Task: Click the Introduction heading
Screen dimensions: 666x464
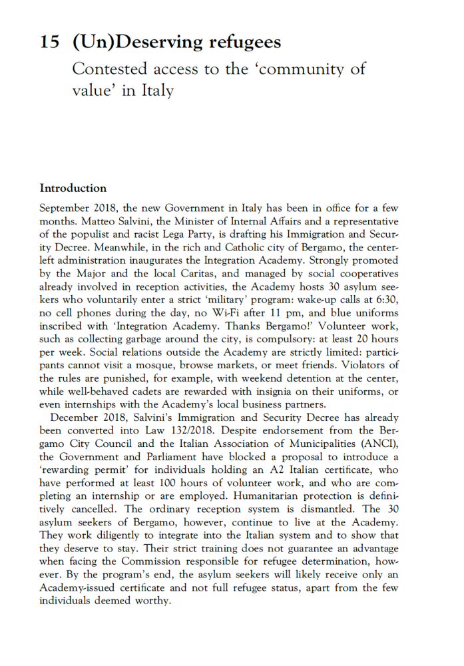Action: [73, 188]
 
